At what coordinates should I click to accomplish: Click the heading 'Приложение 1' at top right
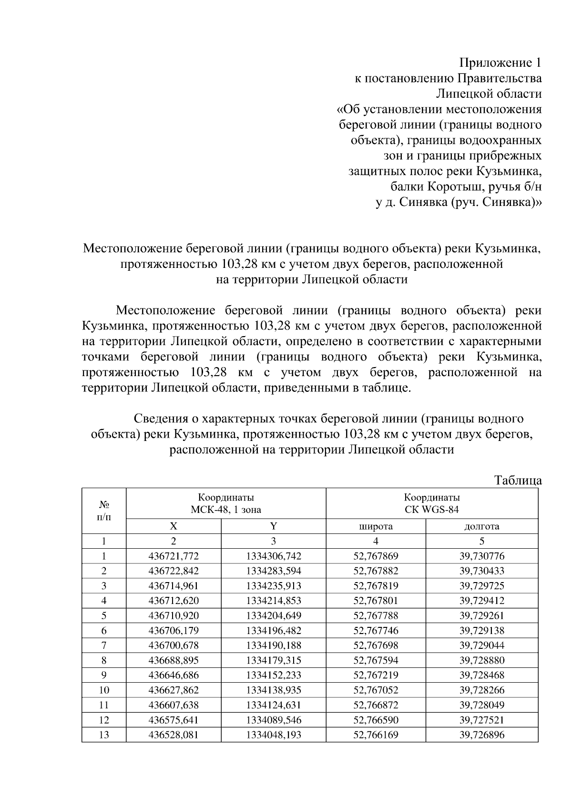500,62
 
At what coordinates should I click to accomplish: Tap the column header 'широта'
376,526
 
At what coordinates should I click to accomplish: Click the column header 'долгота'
481,526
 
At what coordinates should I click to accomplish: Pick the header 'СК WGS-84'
432,510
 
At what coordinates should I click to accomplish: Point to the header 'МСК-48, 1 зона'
226,510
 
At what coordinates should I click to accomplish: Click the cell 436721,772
174,556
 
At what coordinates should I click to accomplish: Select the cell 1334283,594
274,571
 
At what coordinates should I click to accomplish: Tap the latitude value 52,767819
376,585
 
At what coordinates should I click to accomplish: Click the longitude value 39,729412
481,601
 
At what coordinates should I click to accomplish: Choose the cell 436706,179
174,630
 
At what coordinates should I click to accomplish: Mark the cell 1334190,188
274,645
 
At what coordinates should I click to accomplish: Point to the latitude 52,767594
376,660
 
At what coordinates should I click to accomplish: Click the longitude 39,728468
481,675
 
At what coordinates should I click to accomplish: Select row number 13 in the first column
103,735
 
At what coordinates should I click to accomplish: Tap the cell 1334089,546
274,720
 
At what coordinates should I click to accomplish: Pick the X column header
174,526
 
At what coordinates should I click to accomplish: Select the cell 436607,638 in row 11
174,705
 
